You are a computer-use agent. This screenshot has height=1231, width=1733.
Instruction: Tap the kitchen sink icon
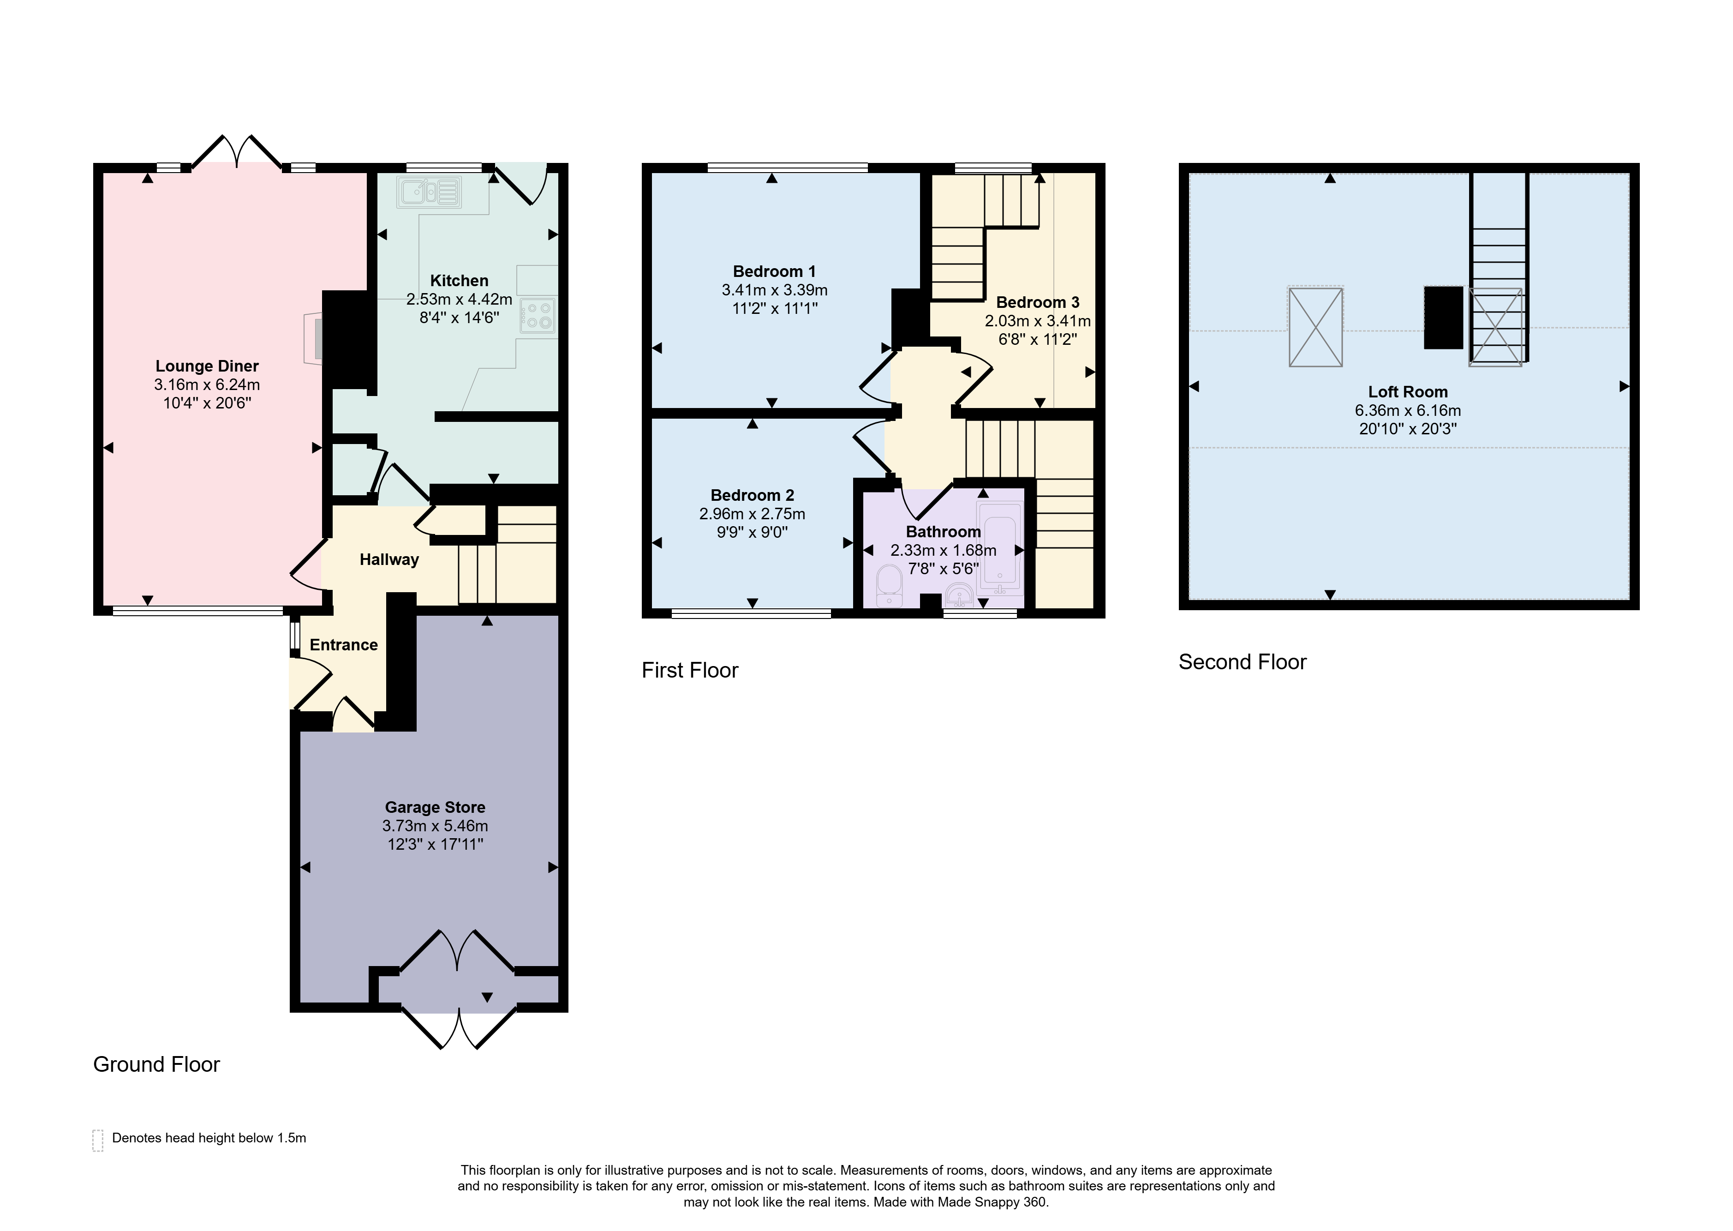(x=429, y=192)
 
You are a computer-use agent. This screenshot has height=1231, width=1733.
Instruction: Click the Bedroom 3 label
(x=1037, y=302)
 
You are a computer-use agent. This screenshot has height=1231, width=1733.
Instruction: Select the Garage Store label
(x=435, y=807)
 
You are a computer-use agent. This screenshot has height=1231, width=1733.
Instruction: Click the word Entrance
(x=344, y=645)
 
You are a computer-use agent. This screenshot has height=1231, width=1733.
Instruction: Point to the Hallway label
(x=389, y=560)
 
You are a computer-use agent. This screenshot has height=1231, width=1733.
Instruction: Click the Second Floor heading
(x=1243, y=662)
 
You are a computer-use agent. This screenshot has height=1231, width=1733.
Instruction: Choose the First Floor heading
(x=690, y=670)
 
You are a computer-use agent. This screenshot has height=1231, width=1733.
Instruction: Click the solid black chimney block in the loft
(x=1444, y=318)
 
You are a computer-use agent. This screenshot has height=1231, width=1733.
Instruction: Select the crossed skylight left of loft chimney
(x=1315, y=327)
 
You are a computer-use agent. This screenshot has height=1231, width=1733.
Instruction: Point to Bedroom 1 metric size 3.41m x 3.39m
(x=774, y=290)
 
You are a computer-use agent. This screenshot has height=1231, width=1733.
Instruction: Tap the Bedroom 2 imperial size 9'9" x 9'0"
(x=753, y=532)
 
